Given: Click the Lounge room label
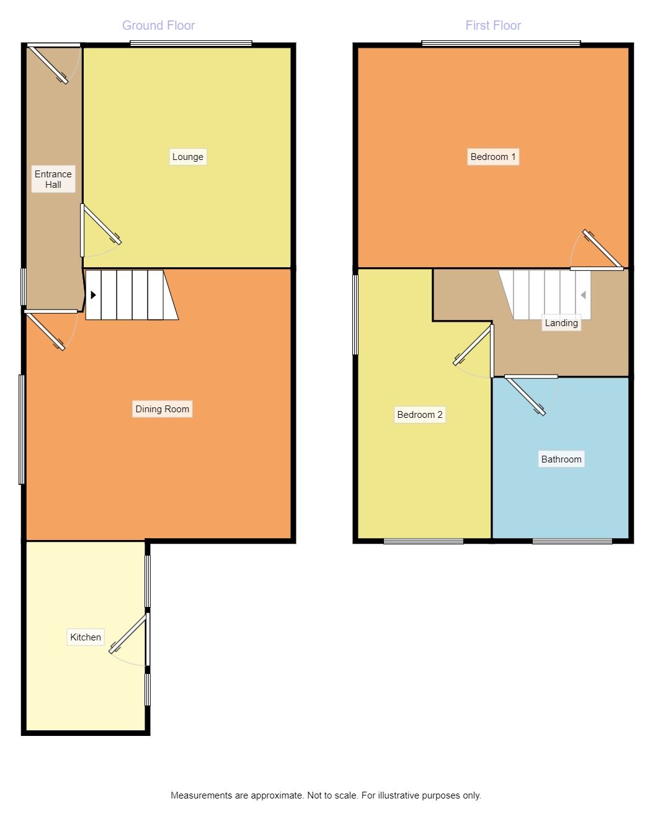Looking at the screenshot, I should click(x=187, y=157).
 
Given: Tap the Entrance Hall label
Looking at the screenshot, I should click(x=53, y=179).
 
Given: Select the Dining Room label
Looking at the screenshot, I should click(x=162, y=409).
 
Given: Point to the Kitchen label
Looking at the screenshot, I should click(x=86, y=637).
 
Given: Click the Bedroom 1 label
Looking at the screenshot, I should click(x=493, y=157).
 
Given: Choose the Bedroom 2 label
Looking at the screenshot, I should click(x=420, y=415).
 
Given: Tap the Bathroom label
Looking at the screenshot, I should click(x=561, y=459).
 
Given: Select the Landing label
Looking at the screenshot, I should click(x=561, y=323).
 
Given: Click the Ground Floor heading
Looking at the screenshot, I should click(x=159, y=25).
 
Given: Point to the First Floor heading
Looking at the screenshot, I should click(x=493, y=25).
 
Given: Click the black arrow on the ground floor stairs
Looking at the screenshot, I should click(x=93, y=295).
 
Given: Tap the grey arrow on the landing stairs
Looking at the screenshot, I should click(x=583, y=295).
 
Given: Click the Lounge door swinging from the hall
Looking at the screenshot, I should click(x=101, y=224).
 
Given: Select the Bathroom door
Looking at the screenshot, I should click(x=526, y=396).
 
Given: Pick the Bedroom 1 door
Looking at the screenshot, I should click(x=603, y=250).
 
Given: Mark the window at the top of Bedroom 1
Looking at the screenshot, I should click(x=501, y=43).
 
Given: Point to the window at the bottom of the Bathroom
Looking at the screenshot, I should click(x=572, y=541).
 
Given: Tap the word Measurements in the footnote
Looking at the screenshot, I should click(x=202, y=795).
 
